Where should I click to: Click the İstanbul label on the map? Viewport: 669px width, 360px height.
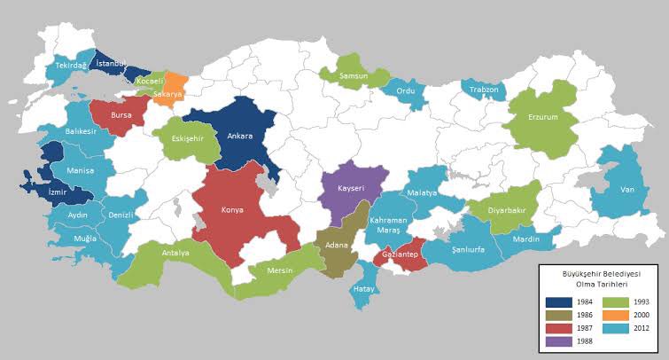click(x=113, y=63)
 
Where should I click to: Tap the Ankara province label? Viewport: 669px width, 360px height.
click(x=240, y=137)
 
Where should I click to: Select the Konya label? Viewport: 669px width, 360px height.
click(x=231, y=211)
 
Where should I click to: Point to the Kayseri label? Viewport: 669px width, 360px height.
click(x=356, y=187)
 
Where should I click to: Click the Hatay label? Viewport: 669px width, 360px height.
click(x=364, y=288)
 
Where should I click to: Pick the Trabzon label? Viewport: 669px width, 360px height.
click(x=483, y=90)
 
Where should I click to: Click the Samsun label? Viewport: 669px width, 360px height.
click(x=354, y=77)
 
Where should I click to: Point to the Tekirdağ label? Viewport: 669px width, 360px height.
click(x=71, y=66)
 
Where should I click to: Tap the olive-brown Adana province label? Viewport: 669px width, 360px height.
click(x=336, y=244)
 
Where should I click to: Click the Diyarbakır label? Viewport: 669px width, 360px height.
click(x=502, y=211)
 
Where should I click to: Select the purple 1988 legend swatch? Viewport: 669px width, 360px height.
click(x=559, y=341)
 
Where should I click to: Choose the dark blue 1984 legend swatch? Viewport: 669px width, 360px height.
click(x=559, y=301)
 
